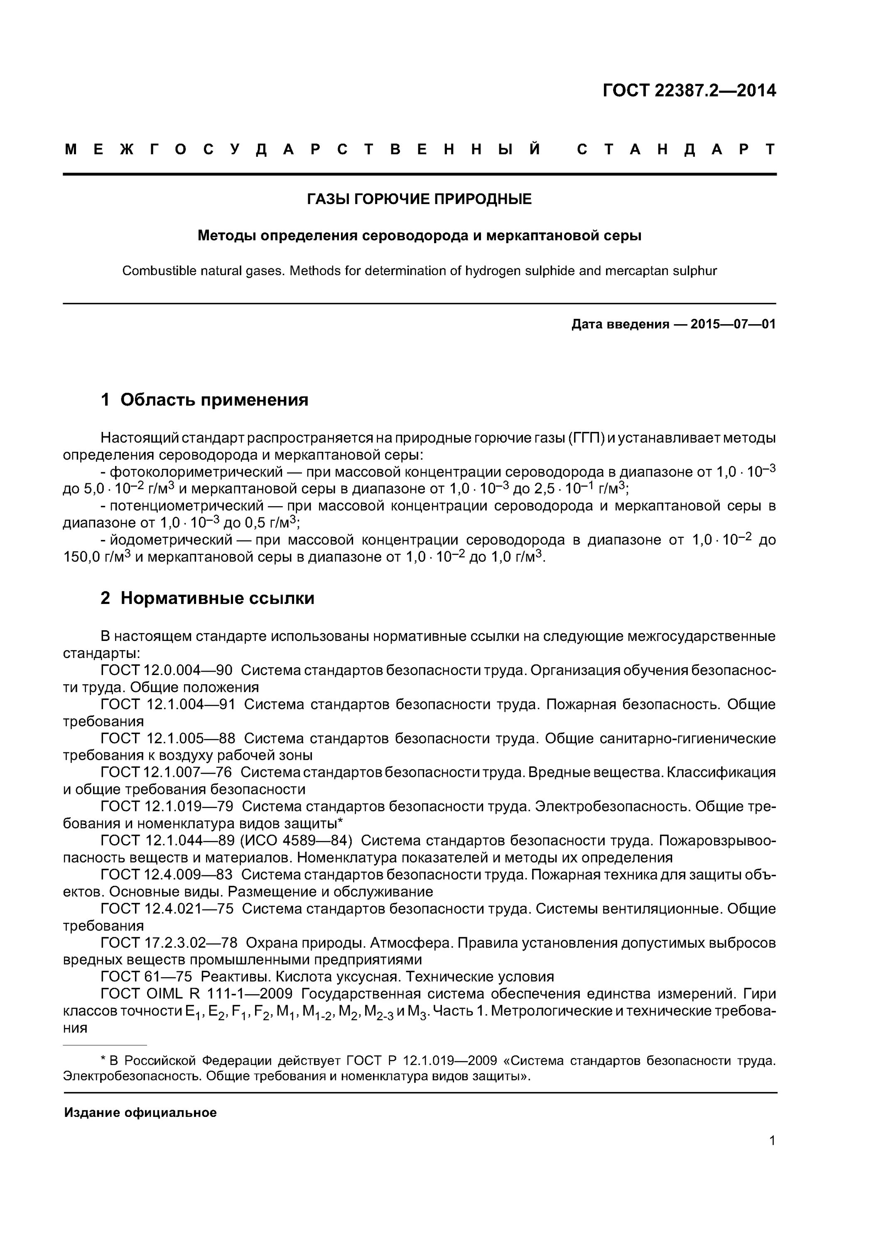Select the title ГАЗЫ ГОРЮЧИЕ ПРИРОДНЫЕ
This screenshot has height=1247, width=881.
click(x=419, y=200)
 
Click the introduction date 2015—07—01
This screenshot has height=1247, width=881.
click(x=733, y=324)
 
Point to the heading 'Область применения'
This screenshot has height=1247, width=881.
click(x=214, y=400)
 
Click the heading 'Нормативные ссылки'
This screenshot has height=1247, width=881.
click(x=217, y=598)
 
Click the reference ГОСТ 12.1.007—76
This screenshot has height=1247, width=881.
click(x=166, y=772)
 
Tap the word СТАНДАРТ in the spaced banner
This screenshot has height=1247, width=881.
click(x=676, y=149)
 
